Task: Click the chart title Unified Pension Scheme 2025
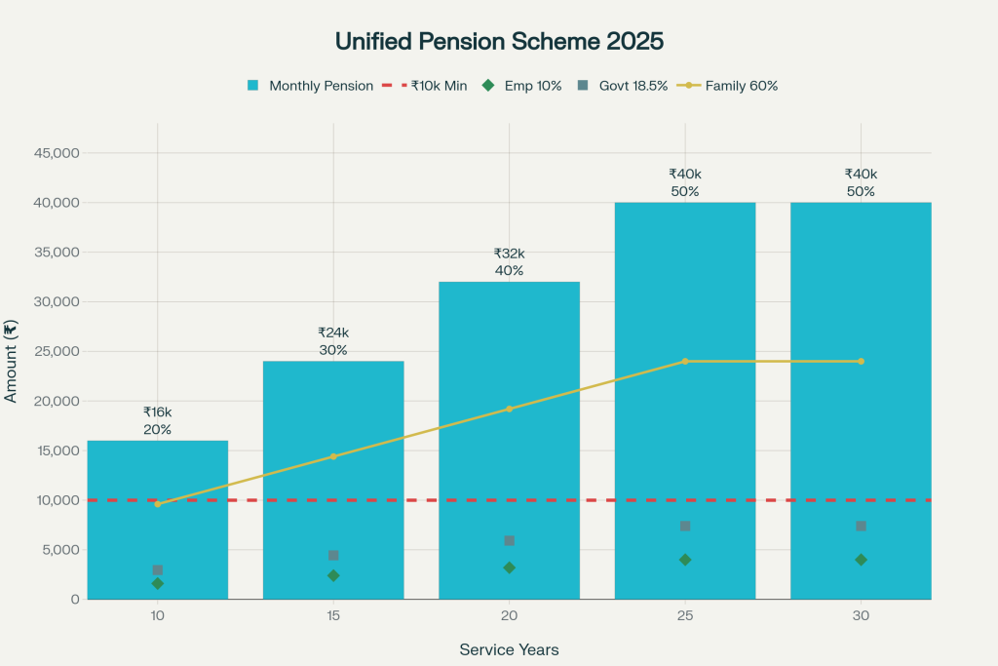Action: click(x=499, y=42)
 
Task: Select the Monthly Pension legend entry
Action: click(x=310, y=86)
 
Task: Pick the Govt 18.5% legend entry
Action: click(x=623, y=86)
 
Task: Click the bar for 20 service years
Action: click(x=509, y=439)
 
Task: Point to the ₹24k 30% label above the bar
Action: click(x=333, y=341)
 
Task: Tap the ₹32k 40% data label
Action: click(x=509, y=261)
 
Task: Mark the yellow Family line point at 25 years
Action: click(x=685, y=361)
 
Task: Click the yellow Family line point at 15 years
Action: click(x=333, y=456)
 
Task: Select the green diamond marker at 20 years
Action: click(x=509, y=568)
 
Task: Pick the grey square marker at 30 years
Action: click(x=861, y=526)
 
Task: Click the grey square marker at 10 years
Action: click(x=158, y=569)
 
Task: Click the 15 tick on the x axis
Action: click(x=333, y=616)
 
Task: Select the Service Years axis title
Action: click(x=509, y=649)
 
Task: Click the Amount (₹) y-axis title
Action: click(x=12, y=361)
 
